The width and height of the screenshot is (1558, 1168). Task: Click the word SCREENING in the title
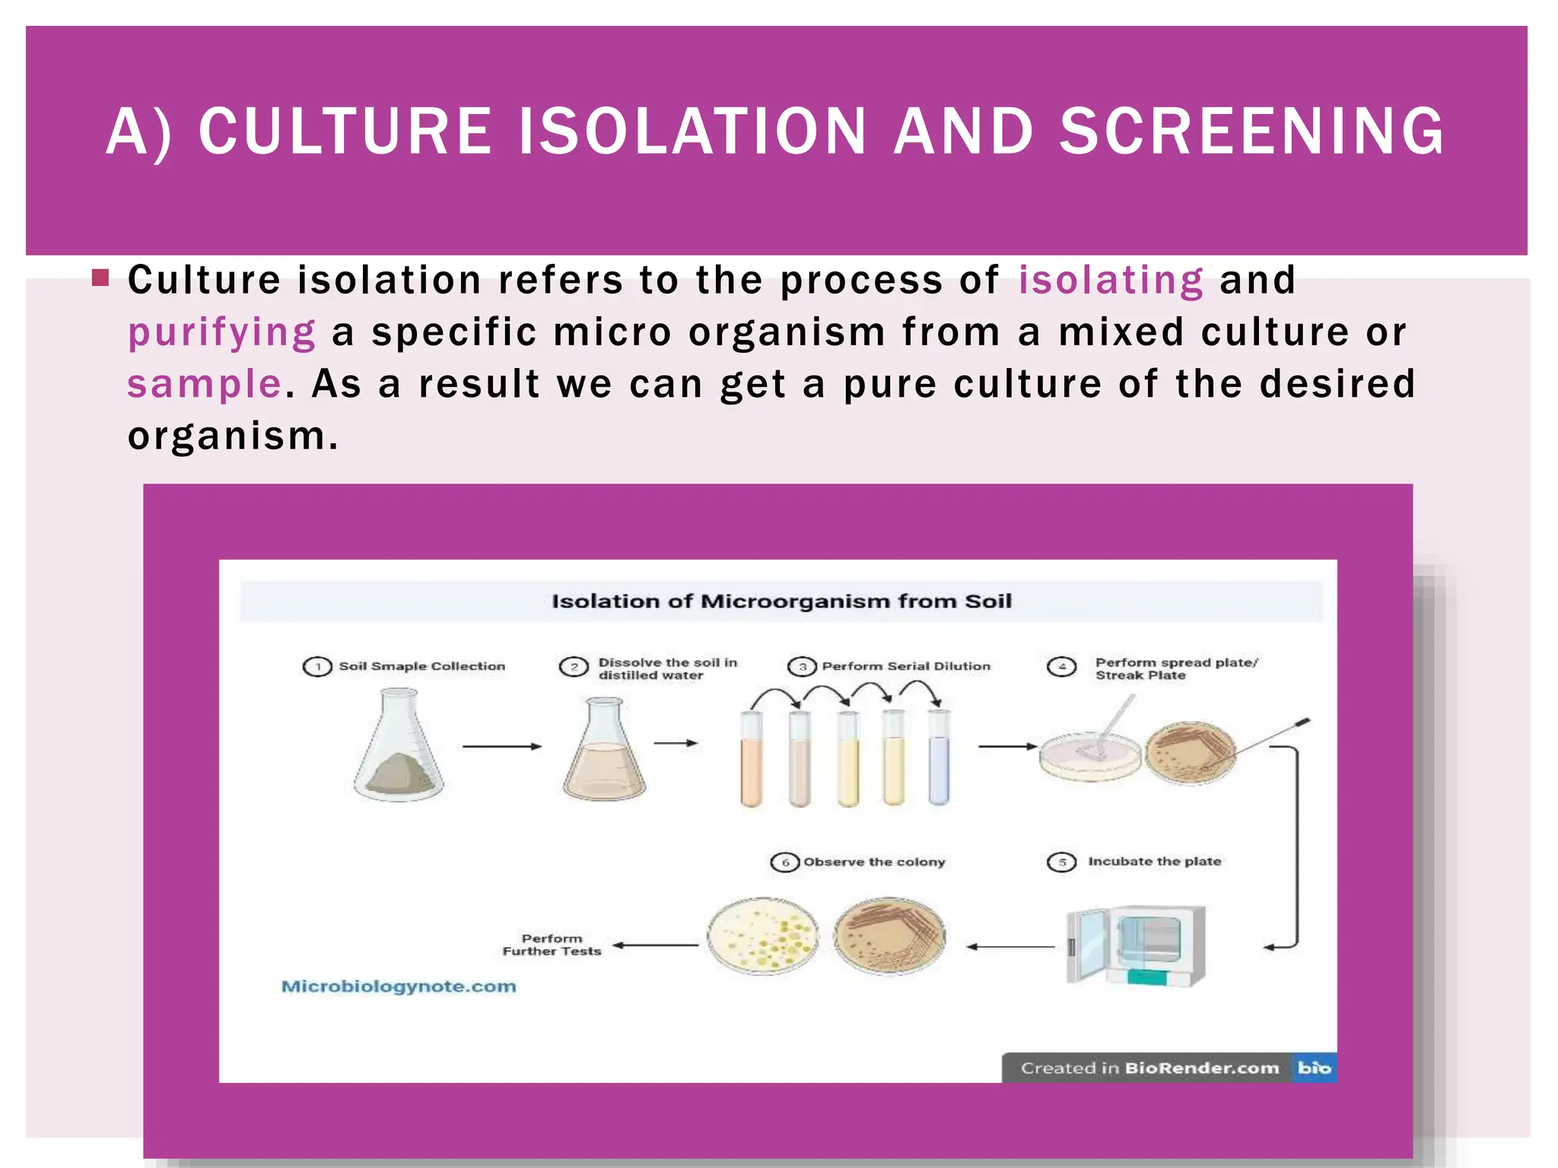[x=1251, y=132]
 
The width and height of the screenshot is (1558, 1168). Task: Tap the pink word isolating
[x=1111, y=280]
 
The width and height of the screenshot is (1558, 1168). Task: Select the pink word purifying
[x=221, y=332]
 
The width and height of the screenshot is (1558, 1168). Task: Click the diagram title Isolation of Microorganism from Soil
[x=781, y=601]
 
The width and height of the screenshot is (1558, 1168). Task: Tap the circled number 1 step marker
[x=317, y=667]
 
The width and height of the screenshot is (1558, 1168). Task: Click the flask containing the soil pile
[x=399, y=749]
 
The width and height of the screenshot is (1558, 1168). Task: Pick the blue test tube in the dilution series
[x=939, y=760]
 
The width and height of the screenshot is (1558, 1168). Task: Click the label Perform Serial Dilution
[x=906, y=666]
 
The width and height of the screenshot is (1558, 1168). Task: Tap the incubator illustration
[x=1137, y=945]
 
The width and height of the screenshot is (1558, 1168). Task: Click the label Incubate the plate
[x=1154, y=862]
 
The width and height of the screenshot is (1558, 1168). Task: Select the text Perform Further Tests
[x=552, y=944]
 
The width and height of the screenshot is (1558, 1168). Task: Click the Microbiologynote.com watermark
[x=399, y=986]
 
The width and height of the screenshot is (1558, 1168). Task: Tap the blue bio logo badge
[x=1314, y=1068]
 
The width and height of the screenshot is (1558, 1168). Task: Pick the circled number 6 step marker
[x=785, y=862]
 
